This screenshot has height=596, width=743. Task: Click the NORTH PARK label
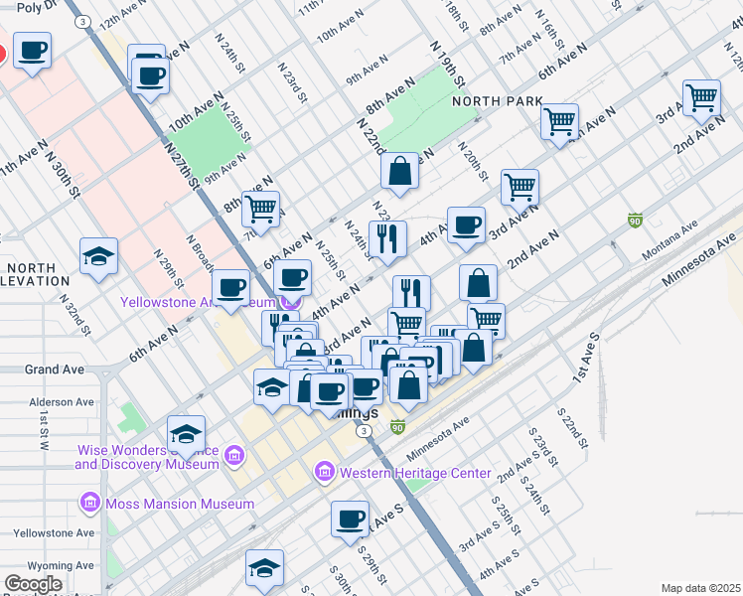(x=498, y=101)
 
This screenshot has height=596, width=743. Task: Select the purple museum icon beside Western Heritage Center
(x=325, y=473)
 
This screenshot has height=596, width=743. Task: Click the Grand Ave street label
(x=54, y=370)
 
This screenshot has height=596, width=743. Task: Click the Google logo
(x=33, y=584)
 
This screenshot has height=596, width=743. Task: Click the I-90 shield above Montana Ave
(x=634, y=220)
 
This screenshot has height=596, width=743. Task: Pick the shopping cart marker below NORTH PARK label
(x=559, y=122)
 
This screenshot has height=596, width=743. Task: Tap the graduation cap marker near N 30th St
(x=99, y=257)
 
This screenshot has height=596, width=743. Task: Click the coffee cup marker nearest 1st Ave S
(x=350, y=519)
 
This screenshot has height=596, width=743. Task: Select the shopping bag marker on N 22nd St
(x=399, y=171)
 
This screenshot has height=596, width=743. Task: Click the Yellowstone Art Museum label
(x=199, y=302)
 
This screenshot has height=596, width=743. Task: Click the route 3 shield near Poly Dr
(x=84, y=21)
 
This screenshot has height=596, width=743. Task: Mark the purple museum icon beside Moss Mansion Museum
(x=92, y=504)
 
